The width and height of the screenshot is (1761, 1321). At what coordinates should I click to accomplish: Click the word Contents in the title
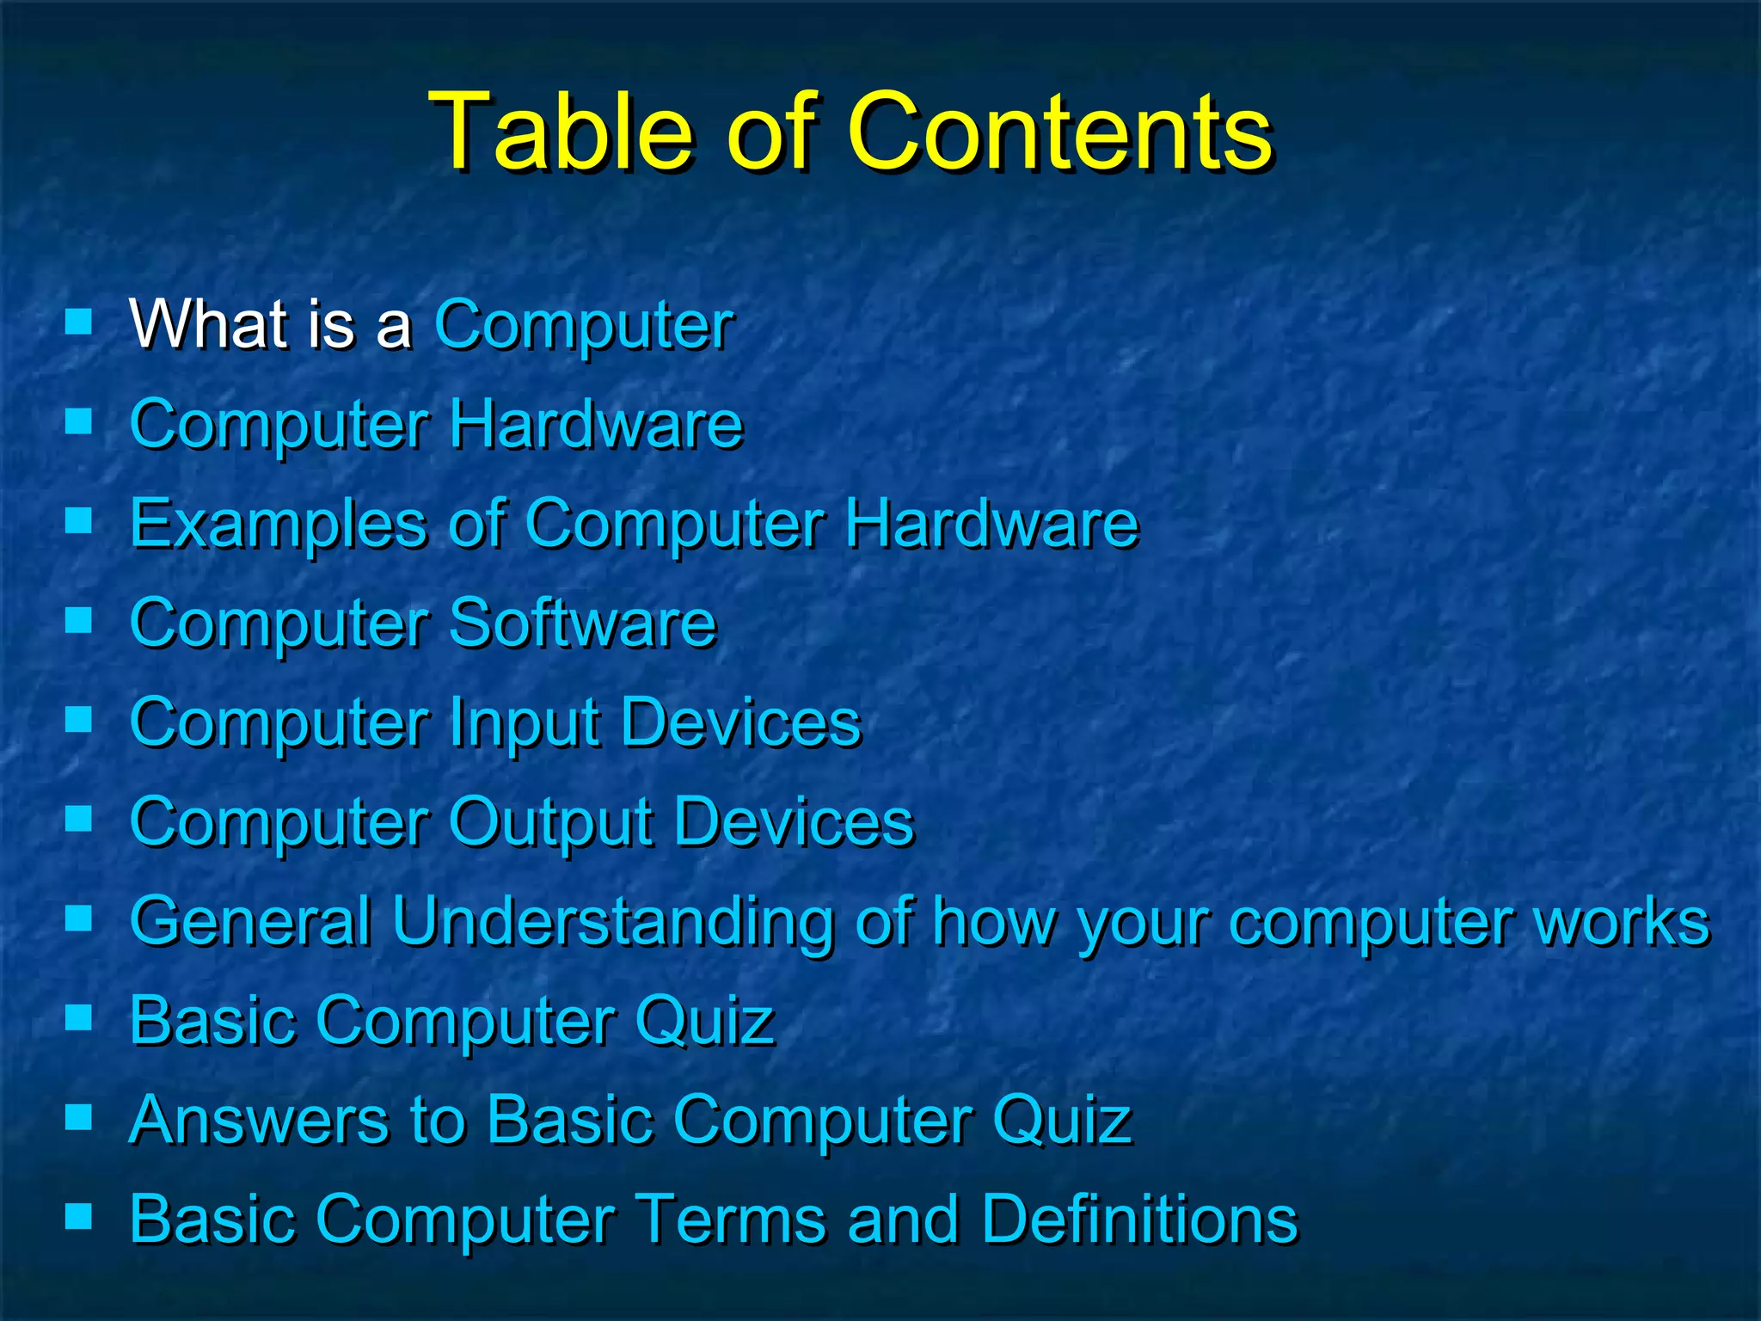pyautogui.click(x=1059, y=131)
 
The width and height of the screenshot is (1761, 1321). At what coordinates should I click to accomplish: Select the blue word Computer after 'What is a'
pyautogui.click(x=584, y=326)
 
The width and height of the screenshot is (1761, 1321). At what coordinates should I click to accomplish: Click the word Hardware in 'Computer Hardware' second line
pyautogui.click(x=596, y=424)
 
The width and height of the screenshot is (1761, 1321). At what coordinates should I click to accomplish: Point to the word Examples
pyautogui.click(x=278, y=524)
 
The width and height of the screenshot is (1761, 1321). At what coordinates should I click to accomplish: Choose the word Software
pyautogui.click(x=582, y=623)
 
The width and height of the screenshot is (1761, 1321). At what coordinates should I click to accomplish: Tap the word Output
pyautogui.click(x=550, y=822)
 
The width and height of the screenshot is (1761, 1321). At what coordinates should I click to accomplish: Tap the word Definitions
pyautogui.click(x=1139, y=1219)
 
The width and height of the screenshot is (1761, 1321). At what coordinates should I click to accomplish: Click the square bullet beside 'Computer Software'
pyautogui.click(x=78, y=619)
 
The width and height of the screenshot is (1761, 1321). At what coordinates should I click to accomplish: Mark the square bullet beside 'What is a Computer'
pyautogui.click(x=78, y=323)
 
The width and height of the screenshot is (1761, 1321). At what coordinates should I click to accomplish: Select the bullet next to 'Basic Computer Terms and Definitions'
pyautogui.click(x=78, y=1216)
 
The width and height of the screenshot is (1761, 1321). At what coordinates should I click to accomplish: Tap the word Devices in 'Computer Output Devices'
pyautogui.click(x=794, y=822)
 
